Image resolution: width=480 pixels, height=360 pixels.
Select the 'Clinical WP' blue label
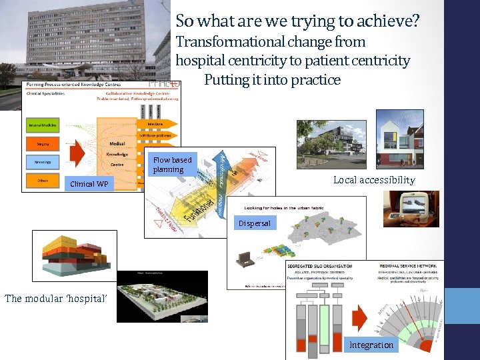(x=89, y=183)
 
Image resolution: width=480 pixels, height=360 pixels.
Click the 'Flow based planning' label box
(x=171, y=165)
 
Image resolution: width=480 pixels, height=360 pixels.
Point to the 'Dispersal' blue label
(x=255, y=223)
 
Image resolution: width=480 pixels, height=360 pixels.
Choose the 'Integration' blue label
(x=371, y=345)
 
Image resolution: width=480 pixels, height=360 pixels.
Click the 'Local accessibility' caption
(x=374, y=180)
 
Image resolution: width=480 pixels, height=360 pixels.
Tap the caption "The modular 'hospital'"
(x=55, y=299)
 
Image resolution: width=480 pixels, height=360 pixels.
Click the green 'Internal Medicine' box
(x=43, y=125)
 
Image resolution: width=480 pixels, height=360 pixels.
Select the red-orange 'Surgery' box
(x=43, y=143)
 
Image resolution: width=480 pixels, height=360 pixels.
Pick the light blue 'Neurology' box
(x=43, y=161)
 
